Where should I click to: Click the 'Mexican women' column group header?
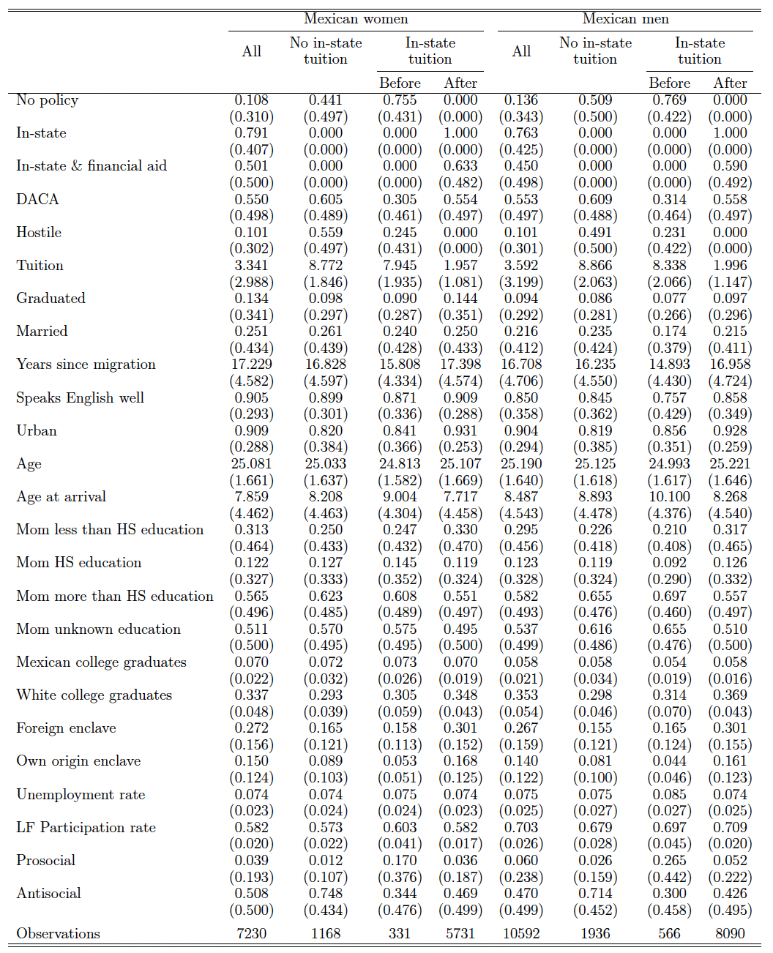(x=356, y=19)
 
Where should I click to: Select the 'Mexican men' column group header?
(x=625, y=19)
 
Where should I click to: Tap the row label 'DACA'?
(x=37, y=199)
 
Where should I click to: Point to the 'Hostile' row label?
(x=39, y=232)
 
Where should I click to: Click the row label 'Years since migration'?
(x=86, y=365)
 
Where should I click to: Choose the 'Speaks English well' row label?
(x=80, y=397)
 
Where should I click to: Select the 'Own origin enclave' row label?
(x=78, y=761)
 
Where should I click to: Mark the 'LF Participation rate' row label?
(x=86, y=827)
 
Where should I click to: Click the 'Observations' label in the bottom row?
(x=58, y=933)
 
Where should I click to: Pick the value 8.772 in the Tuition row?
(x=325, y=265)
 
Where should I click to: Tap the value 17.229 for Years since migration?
(x=251, y=365)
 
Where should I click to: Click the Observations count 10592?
(x=521, y=933)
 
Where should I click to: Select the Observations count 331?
(x=400, y=933)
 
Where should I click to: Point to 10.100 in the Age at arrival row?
(x=669, y=496)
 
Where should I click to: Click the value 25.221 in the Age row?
(x=730, y=463)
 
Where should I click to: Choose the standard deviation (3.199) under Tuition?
(x=521, y=282)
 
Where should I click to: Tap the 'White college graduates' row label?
(x=94, y=695)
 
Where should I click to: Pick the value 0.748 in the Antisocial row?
(x=325, y=893)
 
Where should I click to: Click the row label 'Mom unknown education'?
(x=98, y=629)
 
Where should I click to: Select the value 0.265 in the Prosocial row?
(x=669, y=860)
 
